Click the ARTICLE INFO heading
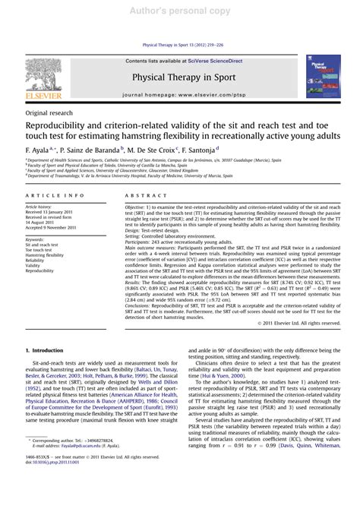click(x=47, y=196)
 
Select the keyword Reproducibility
click(x=42, y=270)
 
